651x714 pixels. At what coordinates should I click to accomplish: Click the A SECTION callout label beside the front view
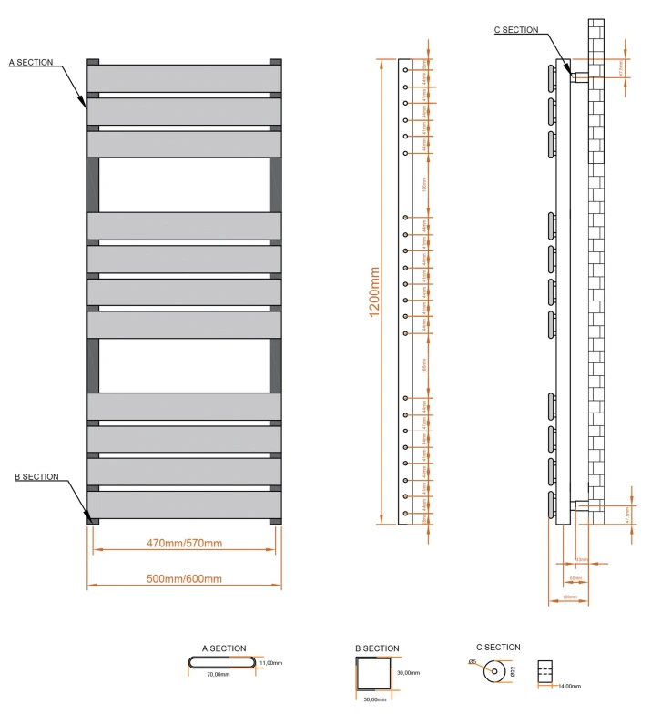pos(31,63)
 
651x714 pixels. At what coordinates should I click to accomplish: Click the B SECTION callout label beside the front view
pos(36,477)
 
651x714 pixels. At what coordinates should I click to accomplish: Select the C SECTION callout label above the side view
pos(515,30)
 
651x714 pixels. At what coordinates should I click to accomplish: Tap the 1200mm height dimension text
pos(374,291)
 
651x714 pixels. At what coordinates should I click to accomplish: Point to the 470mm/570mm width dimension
pos(184,544)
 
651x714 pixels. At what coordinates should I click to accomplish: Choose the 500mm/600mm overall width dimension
pos(184,579)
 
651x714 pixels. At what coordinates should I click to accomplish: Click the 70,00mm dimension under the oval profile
pos(217,676)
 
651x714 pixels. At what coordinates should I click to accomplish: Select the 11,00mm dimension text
pos(271,664)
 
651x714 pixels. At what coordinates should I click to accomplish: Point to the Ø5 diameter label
pos(472,661)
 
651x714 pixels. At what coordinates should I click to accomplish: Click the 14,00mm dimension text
pos(570,686)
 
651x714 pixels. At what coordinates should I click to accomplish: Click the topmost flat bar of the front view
pos(184,77)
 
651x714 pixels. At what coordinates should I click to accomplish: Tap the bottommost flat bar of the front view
pos(184,505)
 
